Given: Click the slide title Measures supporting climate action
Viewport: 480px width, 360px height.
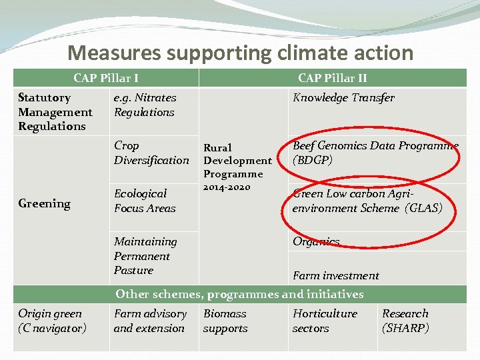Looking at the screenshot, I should point(240,53).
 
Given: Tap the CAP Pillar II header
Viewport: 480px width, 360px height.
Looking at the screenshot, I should point(332,78).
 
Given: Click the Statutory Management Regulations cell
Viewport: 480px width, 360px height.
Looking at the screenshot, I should point(55,112).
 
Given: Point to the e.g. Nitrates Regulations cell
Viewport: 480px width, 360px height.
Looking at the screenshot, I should point(145,105).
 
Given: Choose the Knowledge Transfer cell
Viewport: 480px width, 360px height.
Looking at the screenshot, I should point(343,97).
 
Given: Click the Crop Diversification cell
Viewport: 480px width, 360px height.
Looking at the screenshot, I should point(151,153).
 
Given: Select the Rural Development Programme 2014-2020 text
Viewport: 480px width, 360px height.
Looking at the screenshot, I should point(237,167).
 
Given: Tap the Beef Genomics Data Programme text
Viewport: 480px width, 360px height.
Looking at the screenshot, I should point(375,153).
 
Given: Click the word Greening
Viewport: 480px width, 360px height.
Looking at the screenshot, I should point(44,204).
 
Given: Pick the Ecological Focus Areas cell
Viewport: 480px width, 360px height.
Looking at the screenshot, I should point(145,201).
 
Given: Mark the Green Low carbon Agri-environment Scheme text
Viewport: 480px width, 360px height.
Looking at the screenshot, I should point(367,201).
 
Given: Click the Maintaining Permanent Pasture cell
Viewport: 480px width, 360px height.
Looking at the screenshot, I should point(145,256).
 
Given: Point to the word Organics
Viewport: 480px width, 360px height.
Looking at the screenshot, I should point(316,241).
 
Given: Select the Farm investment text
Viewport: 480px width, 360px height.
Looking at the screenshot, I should point(335,275).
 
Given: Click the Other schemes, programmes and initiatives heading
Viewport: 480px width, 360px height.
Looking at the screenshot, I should point(239,294).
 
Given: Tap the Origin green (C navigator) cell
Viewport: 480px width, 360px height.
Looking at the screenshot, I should point(52,321).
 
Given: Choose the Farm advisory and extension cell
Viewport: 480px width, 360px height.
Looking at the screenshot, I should point(150,321).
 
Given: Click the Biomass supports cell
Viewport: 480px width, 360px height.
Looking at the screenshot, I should point(225,321).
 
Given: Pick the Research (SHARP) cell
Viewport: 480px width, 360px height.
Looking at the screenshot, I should point(405,321).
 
